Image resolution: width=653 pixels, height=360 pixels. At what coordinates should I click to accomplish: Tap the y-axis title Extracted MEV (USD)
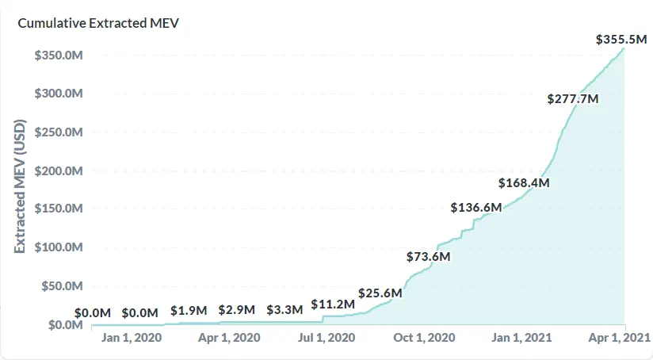21,186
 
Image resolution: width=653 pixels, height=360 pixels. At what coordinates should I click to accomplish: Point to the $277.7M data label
572,99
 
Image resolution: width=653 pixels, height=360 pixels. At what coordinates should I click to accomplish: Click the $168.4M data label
524,183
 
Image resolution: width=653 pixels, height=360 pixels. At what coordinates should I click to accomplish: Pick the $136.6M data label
476,208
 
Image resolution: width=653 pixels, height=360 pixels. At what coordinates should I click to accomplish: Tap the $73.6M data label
429,257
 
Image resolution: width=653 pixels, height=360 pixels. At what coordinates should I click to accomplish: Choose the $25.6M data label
380,293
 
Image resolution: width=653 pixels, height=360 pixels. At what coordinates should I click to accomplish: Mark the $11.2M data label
333,304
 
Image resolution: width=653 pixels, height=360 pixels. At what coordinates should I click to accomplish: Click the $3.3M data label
284,309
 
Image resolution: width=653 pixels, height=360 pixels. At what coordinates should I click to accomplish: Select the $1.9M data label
189,310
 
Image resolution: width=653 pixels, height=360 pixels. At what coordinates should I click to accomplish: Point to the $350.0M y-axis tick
59,56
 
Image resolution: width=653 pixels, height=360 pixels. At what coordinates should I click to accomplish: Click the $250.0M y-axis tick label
59,132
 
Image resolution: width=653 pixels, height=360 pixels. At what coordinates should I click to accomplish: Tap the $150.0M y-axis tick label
59,209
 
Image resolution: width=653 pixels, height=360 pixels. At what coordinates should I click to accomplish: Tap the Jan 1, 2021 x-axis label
522,339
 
